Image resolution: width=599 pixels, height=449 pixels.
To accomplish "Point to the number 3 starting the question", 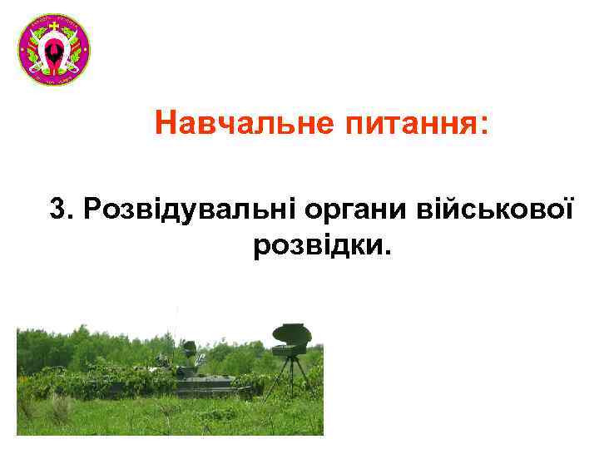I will pyautogui.click(x=57, y=209).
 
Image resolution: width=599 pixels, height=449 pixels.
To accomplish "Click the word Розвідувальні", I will pyautogui.click(x=179, y=209).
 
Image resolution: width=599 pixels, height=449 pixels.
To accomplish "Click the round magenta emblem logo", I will pyautogui.click(x=53, y=50).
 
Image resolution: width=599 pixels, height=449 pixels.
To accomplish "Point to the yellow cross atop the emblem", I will pyautogui.click(x=53, y=26).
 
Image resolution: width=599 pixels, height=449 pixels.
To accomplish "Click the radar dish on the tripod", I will pyautogui.click(x=291, y=335).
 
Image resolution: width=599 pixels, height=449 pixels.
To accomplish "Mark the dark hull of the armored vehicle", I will pyautogui.click(x=212, y=385).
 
